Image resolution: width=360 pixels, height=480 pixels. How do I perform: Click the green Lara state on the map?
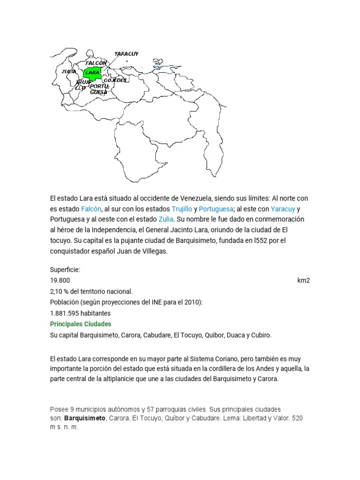pyautogui.click(x=92, y=73)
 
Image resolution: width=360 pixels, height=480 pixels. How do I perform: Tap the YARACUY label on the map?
pyautogui.click(x=126, y=54)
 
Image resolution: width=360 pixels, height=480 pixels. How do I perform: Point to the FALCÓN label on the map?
pyautogui.click(x=96, y=62)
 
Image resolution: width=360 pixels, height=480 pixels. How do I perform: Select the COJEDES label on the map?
pyautogui.click(x=115, y=80)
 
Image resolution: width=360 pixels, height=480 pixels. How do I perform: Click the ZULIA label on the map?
pyautogui.click(x=68, y=71)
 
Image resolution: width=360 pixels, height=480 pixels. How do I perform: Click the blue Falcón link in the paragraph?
pyautogui.click(x=91, y=209)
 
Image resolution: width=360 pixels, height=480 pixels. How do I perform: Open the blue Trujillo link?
pyautogui.click(x=182, y=209)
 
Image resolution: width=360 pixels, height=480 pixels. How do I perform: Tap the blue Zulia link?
pyautogui.click(x=166, y=219)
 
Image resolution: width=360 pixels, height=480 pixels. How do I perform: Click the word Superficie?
pyautogui.click(x=65, y=270)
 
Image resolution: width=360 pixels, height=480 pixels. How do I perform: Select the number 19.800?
pyautogui.click(x=60, y=280)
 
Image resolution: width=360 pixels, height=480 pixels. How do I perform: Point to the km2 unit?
pyautogui.click(x=303, y=280)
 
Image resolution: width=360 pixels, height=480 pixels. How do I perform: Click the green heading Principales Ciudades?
pyautogui.click(x=81, y=324)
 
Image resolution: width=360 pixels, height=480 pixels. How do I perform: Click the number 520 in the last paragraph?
pyautogui.click(x=297, y=418)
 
